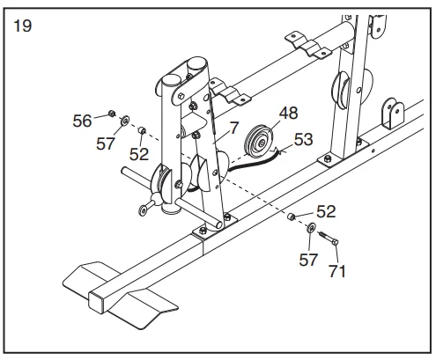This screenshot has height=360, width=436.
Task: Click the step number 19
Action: [x=23, y=26]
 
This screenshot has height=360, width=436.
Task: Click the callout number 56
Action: [x=82, y=121]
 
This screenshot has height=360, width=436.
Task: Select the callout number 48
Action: [x=288, y=113]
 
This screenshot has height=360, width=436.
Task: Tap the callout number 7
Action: [x=234, y=129]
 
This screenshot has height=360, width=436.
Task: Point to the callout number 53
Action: [x=303, y=139]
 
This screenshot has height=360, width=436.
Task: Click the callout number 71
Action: [x=337, y=271]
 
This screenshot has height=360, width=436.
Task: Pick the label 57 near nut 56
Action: [x=106, y=143]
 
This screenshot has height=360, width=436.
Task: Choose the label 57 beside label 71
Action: [x=308, y=260]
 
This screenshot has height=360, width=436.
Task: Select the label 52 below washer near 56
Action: [x=139, y=154]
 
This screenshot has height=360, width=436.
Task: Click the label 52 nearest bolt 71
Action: [x=326, y=211]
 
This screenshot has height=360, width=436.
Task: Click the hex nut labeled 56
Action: [x=112, y=114]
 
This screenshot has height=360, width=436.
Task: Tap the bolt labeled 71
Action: [x=328, y=239]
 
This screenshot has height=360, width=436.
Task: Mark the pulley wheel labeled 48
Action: [x=259, y=142]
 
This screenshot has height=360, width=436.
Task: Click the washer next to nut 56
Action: [x=125, y=121]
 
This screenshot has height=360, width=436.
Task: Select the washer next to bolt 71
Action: [x=311, y=227]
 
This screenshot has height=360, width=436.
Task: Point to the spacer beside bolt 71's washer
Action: [x=291, y=217]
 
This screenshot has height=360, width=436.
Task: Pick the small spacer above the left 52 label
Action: [x=142, y=130]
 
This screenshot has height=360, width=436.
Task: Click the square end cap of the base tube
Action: [x=96, y=303]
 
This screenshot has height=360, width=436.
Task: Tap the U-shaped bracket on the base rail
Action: [x=392, y=114]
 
